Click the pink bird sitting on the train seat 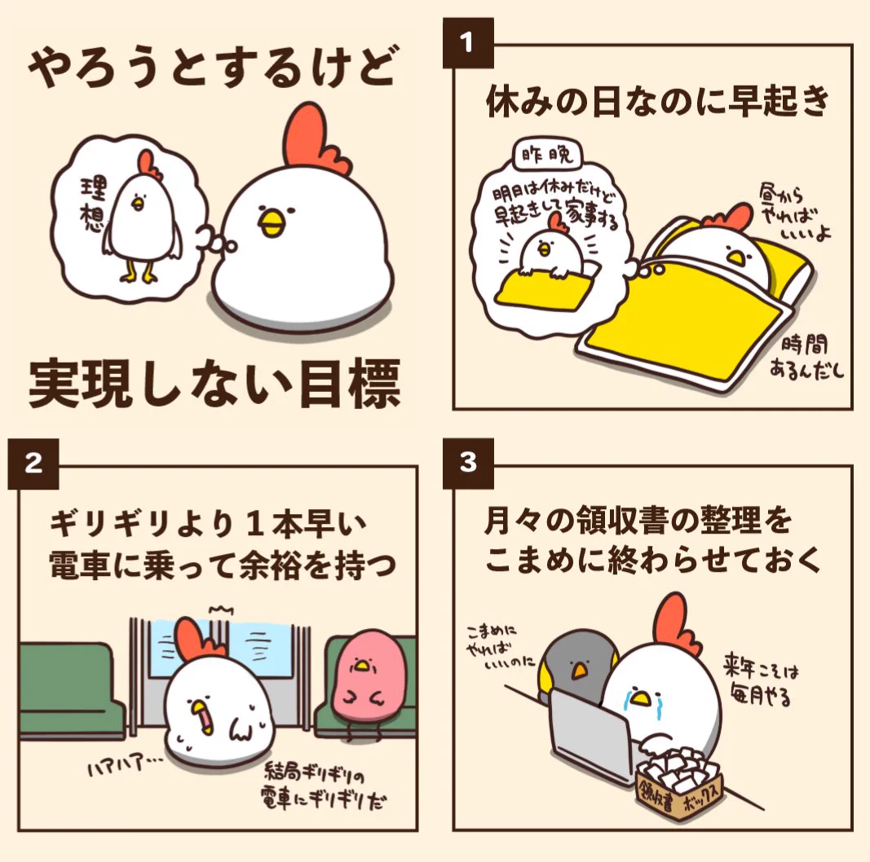(362, 679)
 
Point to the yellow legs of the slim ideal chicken (139, 273)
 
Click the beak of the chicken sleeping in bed (736, 258)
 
